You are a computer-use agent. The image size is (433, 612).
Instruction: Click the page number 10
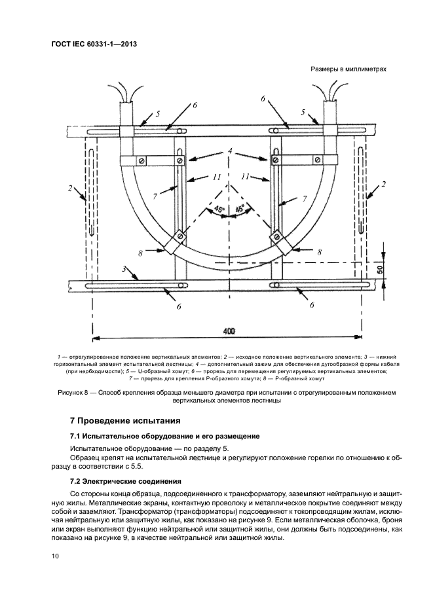[54, 556]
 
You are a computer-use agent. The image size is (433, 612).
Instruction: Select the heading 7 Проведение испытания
[124, 420]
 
